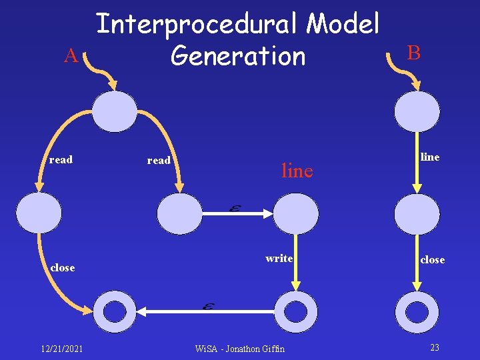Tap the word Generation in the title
pyautogui.click(x=238, y=56)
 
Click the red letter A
pyautogui.click(x=71, y=57)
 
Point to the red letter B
pyautogui.click(x=413, y=52)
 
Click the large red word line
pyautogui.click(x=297, y=171)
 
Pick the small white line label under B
pyautogui.click(x=429, y=157)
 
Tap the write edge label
pyautogui.click(x=279, y=258)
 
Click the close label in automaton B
pyautogui.click(x=432, y=259)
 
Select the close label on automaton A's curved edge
pyautogui.click(x=63, y=267)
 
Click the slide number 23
pyautogui.click(x=435, y=347)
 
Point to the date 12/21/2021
pyautogui.click(x=61, y=348)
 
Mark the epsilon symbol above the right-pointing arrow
pyautogui.click(x=234, y=208)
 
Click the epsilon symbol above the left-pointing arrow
pyautogui.click(x=207, y=306)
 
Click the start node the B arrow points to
pyautogui.click(x=417, y=111)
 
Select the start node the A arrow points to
pyautogui.click(x=114, y=111)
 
